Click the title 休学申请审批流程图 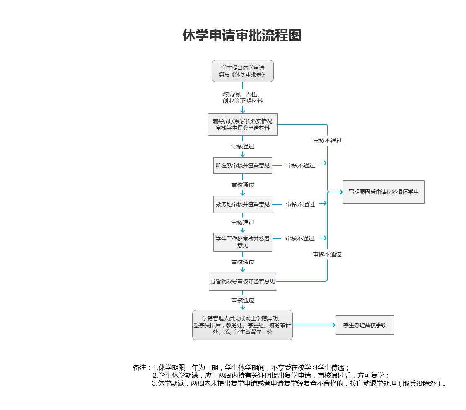pyautogui.click(x=242, y=36)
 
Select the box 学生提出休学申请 pyautogui.click(x=243, y=71)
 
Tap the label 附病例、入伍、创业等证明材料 pyautogui.click(x=243, y=97)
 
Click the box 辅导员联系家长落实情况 pyautogui.click(x=243, y=124)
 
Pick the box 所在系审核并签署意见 pyautogui.click(x=243, y=165)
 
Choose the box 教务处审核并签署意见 pyautogui.click(x=243, y=204)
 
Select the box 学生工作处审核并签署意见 pyautogui.click(x=243, y=242)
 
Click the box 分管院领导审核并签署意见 pyautogui.click(x=243, y=281)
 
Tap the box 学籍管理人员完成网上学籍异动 pyautogui.click(x=243, y=325)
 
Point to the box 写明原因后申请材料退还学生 pyautogui.click(x=384, y=192)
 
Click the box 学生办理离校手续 pyautogui.click(x=365, y=325)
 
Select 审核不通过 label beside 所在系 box pyautogui.click(x=301, y=165)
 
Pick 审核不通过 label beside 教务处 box pyautogui.click(x=300, y=204)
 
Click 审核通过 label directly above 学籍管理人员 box pyautogui.click(x=243, y=300)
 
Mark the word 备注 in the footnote pyautogui.click(x=139, y=367)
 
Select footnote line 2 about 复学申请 pyautogui.click(x=271, y=375)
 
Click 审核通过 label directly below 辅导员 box pyautogui.click(x=243, y=146)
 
